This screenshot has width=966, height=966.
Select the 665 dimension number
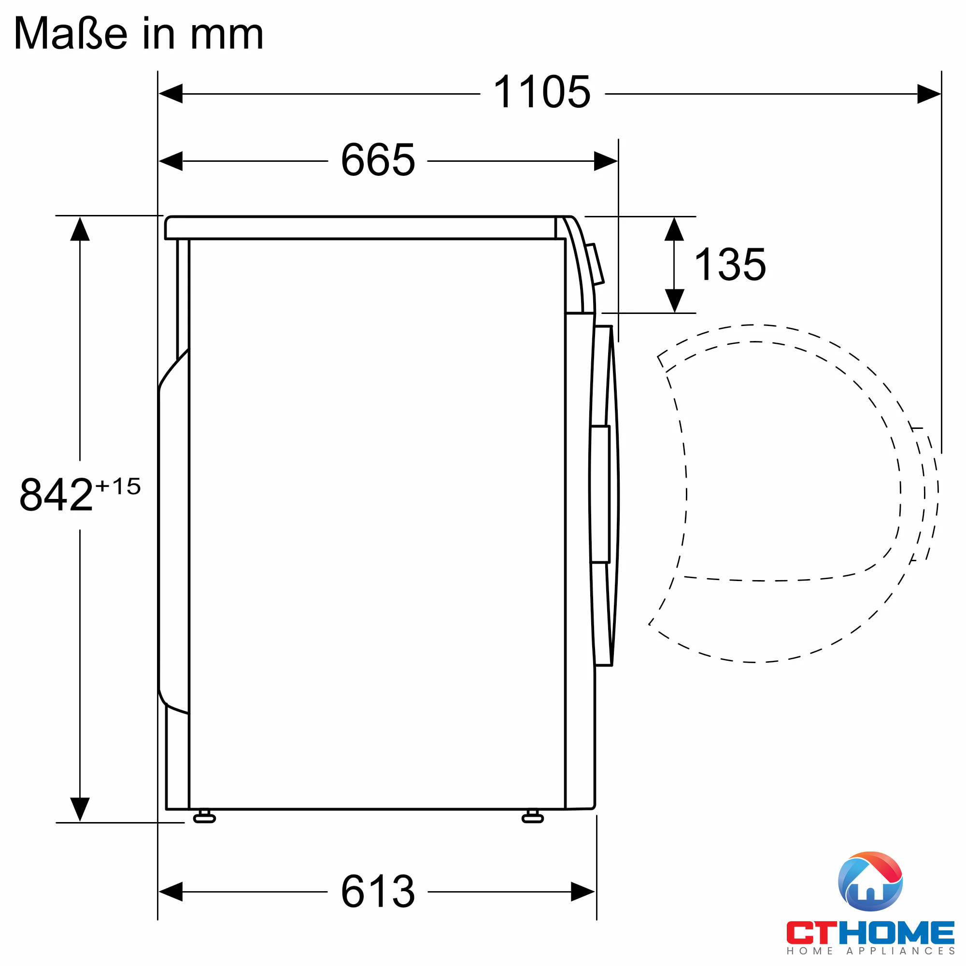click(x=378, y=160)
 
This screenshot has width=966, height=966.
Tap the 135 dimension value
click(x=730, y=265)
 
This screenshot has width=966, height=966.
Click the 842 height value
click(x=56, y=495)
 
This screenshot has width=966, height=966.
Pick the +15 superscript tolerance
click(x=118, y=486)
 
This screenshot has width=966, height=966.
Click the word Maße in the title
click(x=71, y=34)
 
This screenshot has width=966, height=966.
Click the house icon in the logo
click(x=870, y=882)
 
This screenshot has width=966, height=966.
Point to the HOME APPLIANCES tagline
click(x=870, y=951)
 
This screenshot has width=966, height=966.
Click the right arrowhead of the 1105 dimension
click(x=929, y=94)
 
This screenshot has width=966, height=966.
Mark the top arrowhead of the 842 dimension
click(x=80, y=229)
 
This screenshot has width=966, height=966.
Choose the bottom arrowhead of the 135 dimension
click(x=674, y=300)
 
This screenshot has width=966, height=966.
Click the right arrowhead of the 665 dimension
click(x=606, y=161)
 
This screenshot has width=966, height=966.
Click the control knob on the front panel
click(x=595, y=264)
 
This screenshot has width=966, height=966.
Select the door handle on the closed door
click(x=600, y=495)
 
